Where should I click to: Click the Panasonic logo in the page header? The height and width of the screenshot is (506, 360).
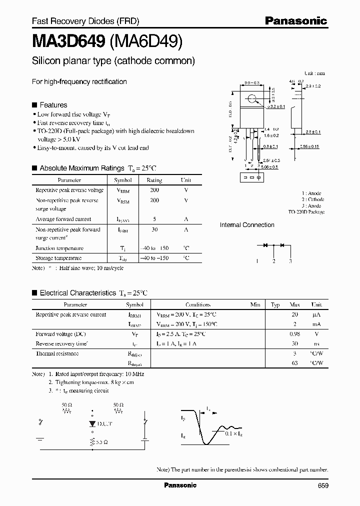pyautogui.click(x=295, y=21)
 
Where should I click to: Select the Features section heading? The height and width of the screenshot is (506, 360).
pyautogui.click(x=53, y=105)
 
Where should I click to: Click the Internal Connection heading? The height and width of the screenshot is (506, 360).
pyautogui.click(x=247, y=225)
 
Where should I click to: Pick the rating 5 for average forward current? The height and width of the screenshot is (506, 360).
pyautogui.click(x=154, y=219)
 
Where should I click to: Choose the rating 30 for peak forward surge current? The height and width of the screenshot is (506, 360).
pyautogui.click(x=154, y=229)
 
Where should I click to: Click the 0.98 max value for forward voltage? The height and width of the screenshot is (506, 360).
pyautogui.click(x=294, y=334)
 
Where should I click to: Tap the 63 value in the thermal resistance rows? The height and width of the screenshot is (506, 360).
pyautogui.click(x=294, y=363)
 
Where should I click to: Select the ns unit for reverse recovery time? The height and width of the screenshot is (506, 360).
pyautogui.click(x=316, y=344)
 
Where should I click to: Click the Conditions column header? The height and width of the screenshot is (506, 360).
pyautogui.click(x=198, y=304)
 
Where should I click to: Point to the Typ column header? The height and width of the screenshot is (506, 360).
pyautogui.click(x=275, y=304)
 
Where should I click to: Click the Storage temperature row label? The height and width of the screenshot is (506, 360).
pyautogui.click(x=58, y=258)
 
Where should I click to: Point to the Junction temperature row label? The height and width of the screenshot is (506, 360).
pyautogui.click(x=59, y=248)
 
